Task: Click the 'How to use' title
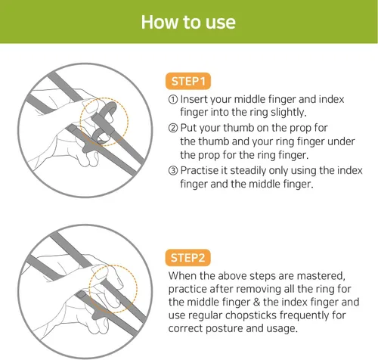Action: click(x=188, y=22)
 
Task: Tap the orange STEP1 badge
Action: click(x=188, y=81)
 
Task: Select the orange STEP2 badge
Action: click(x=187, y=258)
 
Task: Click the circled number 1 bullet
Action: click(x=173, y=99)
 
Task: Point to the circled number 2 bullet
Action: click(x=173, y=128)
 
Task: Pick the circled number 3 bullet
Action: click(x=173, y=170)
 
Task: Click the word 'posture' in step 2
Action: click(x=225, y=328)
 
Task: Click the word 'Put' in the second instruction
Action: click(x=187, y=128)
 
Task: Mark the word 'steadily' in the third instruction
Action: click(x=248, y=171)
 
